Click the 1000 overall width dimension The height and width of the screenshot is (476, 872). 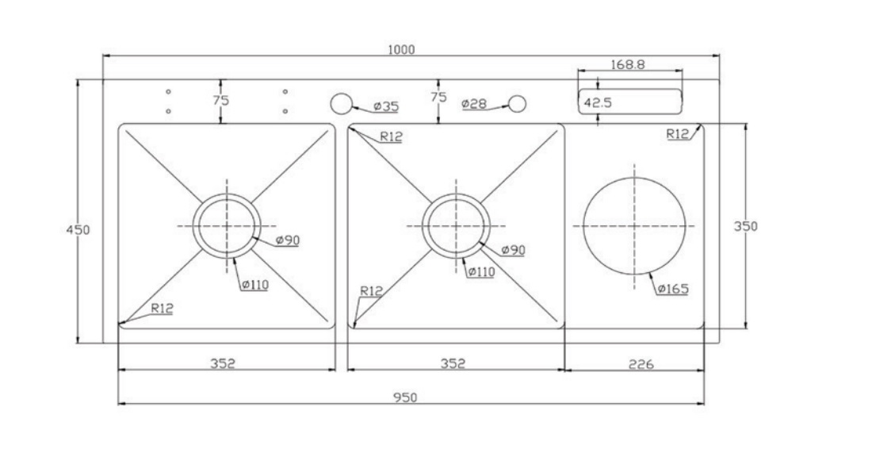point(401,49)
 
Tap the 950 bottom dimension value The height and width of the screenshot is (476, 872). point(405,397)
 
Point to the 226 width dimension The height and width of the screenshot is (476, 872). point(640,364)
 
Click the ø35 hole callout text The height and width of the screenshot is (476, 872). point(386,106)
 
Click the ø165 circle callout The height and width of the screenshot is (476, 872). point(673,289)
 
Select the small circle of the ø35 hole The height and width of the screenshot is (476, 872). point(340,104)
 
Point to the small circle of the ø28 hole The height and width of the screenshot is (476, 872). point(517,104)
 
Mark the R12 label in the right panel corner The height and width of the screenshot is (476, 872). point(678,134)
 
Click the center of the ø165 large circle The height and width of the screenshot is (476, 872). point(634,225)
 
